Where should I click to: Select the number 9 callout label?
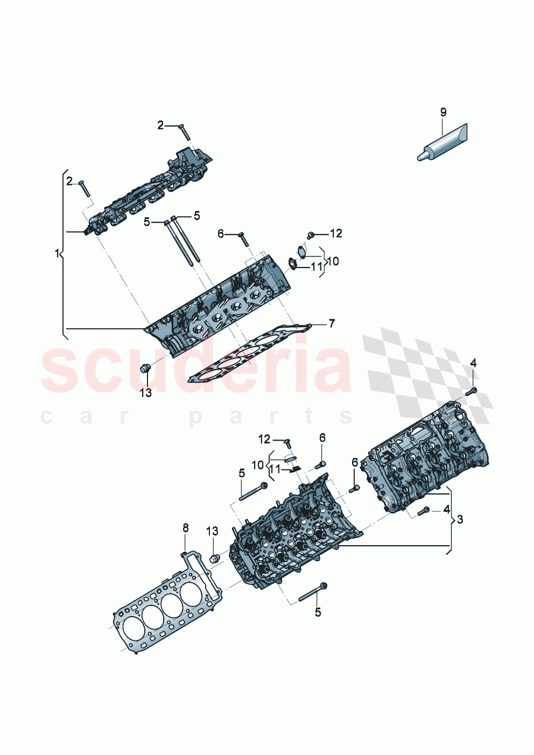443,112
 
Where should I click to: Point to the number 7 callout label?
332,323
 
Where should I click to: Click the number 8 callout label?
186,528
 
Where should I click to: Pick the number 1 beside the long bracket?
58,253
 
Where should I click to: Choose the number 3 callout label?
459,519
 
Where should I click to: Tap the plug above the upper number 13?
144,369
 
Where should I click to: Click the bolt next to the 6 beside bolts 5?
243,238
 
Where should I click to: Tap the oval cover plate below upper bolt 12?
301,252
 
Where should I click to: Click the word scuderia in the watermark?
196,369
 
